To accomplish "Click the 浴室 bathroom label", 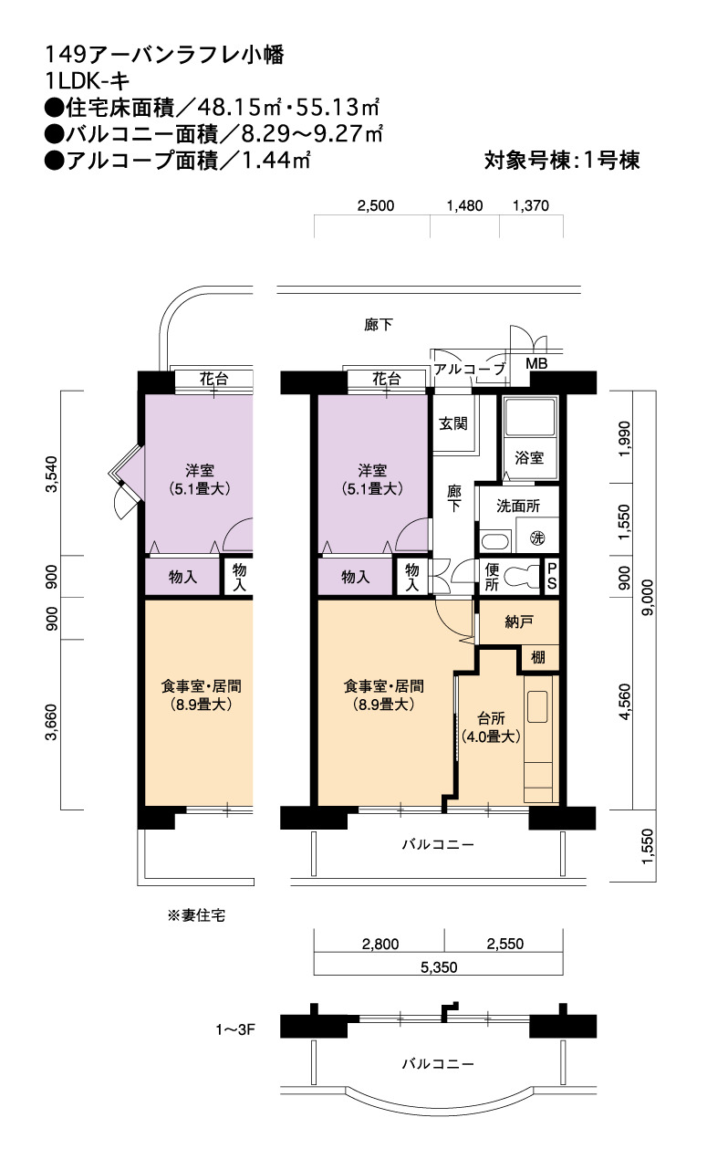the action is tap(529, 457).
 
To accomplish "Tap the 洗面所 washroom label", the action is tap(518, 506).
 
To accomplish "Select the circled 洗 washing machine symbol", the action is tap(536, 538).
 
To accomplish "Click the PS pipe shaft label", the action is tap(552, 576).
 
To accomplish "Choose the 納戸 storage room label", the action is tap(519, 622).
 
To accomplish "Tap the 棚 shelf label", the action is tap(538, 657).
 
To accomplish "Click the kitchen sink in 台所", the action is tap(537, 707).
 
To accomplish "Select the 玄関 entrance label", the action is tap(453, 423).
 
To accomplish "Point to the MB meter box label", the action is tap(536, 363).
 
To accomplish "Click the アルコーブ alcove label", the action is tap(470, 369).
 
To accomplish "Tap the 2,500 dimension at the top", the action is tap(376, 205).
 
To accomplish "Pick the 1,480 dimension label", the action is tap(464, 205).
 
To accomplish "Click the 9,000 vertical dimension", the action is tap(648, 597).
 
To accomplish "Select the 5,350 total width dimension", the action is tap(439, 967).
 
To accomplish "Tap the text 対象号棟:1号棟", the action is tap(562, 161).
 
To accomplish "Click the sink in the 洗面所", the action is tap(495, 541).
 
